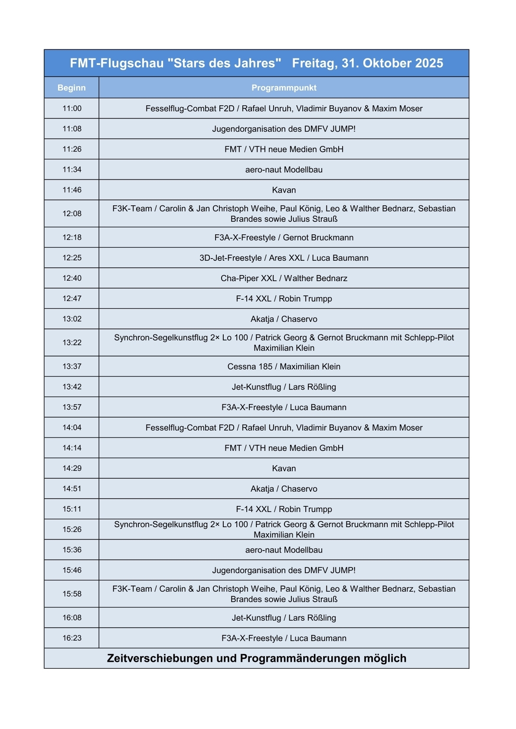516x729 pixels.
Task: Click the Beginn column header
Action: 72,87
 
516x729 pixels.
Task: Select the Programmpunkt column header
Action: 284,87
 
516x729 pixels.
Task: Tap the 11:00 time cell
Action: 72,108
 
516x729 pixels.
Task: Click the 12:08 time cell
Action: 72,214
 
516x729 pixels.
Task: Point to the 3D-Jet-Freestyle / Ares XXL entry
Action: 284,258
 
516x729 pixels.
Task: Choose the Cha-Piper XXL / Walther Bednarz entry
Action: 284,278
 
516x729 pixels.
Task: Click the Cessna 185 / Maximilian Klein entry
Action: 284,366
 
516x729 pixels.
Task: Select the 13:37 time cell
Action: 72,366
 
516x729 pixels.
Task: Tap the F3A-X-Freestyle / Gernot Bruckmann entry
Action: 284,237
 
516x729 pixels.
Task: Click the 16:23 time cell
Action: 72,638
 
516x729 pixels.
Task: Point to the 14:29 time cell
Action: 72,468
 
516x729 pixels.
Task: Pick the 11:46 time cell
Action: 72,190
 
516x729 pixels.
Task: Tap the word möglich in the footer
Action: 385,658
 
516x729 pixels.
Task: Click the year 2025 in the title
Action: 426,63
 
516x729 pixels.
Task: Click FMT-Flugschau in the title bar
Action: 117,63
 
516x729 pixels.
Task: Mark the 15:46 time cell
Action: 72,570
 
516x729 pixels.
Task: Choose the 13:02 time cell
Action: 72,319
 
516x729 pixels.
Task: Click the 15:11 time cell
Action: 72,509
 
